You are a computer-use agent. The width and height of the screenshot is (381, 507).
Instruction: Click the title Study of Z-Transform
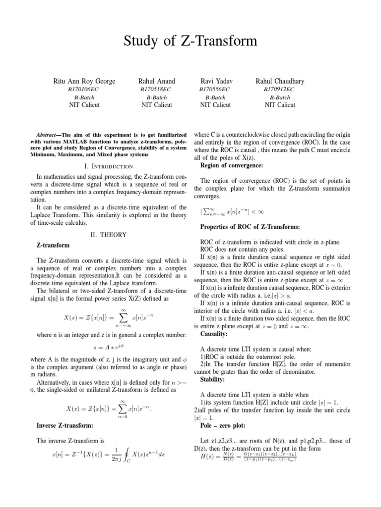coord(190,41)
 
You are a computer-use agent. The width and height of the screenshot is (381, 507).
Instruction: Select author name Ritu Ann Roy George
coord(84,81)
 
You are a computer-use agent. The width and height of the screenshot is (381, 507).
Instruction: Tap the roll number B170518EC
coord(156,89)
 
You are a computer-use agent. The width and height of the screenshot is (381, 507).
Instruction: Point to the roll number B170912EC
coord(280,89)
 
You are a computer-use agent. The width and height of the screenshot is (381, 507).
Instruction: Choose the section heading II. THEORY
coord(108,235)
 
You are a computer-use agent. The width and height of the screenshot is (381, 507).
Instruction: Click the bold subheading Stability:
coord(213,379)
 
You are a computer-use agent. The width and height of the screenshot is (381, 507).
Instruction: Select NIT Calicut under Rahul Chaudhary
coord(280,105)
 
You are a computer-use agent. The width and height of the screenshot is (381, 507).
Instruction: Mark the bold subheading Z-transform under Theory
coord(54,245)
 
